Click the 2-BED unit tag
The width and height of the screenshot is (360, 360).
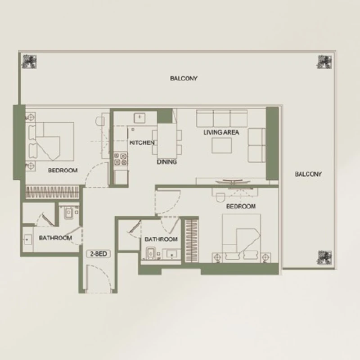coord(99,254)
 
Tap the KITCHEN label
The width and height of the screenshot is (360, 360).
coord(142,143)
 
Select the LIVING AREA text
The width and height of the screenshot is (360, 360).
coord(221,132)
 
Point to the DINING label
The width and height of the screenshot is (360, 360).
coord(166,162)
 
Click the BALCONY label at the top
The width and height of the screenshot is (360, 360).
coord(184,78)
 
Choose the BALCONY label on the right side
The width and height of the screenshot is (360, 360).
coord(308,174)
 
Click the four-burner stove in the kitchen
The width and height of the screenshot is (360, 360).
coord(121,159)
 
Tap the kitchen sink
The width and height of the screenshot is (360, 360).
coord(139,118)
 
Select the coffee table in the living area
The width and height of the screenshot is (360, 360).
coord(221,145)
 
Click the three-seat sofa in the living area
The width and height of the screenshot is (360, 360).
coord(221,118)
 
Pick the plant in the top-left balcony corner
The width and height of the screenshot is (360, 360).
coord(29,62)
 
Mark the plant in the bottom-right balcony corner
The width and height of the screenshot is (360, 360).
coord(324,257)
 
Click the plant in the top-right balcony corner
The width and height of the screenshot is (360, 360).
coord(324,62)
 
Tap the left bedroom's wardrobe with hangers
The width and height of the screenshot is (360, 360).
coord(52,192)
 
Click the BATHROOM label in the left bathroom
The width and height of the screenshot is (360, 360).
coord(55,238)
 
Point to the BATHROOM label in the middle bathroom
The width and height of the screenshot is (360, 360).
coord(161,239)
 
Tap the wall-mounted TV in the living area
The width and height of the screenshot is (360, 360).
coord(233,182)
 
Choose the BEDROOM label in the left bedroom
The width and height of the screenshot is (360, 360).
coord(63,171)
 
